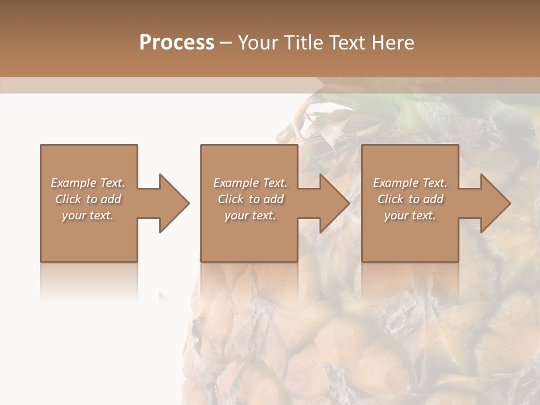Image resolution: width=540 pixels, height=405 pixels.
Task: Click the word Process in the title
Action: (177, 43)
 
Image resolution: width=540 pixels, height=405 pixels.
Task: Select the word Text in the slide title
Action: (348, 43)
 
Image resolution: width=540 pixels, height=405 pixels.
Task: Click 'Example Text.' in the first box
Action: (88, 183)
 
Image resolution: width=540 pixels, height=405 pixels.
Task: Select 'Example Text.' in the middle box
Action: (250, 183)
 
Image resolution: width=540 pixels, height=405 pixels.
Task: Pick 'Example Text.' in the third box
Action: (410, 183)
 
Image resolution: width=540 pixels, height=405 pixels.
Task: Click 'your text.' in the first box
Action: (88, 215)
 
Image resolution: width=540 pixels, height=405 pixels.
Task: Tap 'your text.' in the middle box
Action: (250, 215)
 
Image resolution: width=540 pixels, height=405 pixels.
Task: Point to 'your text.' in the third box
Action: (410, 215)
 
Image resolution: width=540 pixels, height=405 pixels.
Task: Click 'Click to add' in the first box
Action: (88, 199)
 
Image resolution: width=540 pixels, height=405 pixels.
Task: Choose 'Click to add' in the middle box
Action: (250, 199)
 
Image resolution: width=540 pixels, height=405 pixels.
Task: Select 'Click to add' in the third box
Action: (410, 199)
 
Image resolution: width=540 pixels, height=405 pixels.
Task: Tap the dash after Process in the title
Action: (226, 43)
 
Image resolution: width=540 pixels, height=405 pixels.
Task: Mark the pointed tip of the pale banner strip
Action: (325, 85)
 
